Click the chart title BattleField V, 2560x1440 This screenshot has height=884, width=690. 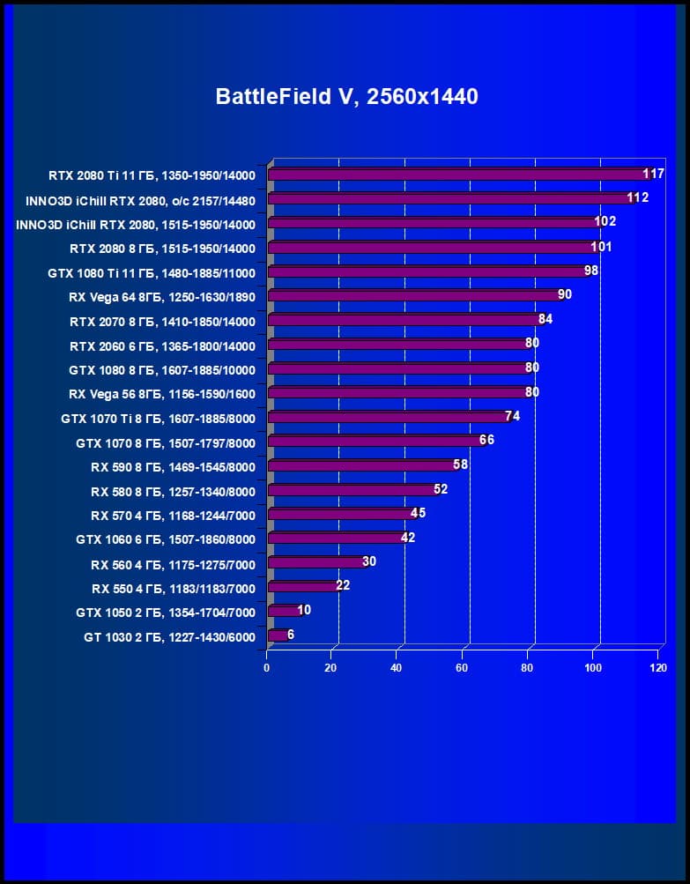tap(347, 97)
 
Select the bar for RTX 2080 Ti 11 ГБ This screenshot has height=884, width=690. tap(458, 175)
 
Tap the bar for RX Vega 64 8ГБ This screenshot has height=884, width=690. tap(414, 296)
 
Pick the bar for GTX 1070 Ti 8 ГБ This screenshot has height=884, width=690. tap(388, 418)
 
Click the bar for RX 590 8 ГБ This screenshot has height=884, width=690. tap(361, 466)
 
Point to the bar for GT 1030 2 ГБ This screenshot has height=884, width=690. tap(278, 635)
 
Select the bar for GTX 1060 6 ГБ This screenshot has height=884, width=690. tap(335, 539)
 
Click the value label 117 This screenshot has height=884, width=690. tap(653, 174)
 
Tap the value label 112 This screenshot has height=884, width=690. tap(637, 197)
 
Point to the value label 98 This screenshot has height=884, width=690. tap(590, 271)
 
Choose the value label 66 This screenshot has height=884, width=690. tap(486, 440)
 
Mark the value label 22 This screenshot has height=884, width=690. tap(343, 585)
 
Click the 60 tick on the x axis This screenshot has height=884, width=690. tap(462, 669)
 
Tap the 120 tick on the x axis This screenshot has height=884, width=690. tap(657, 669)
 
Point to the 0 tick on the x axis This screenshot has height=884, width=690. tap(267, 669)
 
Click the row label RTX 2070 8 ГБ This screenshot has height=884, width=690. tap(161, 322)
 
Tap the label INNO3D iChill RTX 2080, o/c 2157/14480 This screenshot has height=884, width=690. tap(140, 200)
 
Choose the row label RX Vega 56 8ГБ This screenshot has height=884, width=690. tap(161, 394)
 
